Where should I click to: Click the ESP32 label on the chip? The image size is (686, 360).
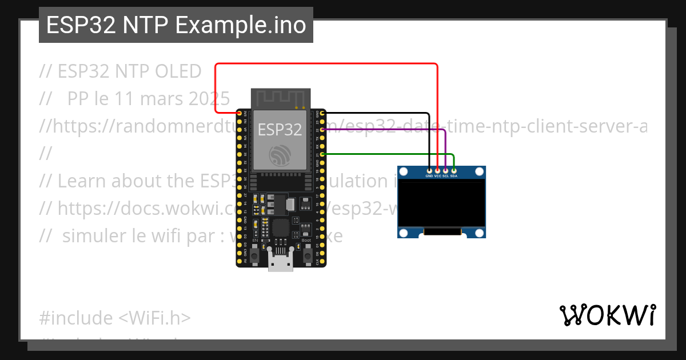[x=280, y=130]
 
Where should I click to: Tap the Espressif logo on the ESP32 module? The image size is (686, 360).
[x=280, y=154]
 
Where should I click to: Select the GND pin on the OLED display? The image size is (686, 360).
[x=429, y=170]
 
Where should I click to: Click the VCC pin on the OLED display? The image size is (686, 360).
[x=437, y=170]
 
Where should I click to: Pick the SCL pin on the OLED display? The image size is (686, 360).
[x=445, y=170]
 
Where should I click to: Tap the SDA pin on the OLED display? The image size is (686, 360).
[x=453, y=170]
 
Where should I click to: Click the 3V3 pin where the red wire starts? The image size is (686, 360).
[x=239, y=114]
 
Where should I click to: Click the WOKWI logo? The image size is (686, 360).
[x=607, y=315]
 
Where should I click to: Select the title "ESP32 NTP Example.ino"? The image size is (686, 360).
[x=176, y=25]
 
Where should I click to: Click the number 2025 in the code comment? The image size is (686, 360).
[x=206, y=98]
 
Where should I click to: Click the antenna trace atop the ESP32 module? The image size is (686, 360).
[x=281, y=98]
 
